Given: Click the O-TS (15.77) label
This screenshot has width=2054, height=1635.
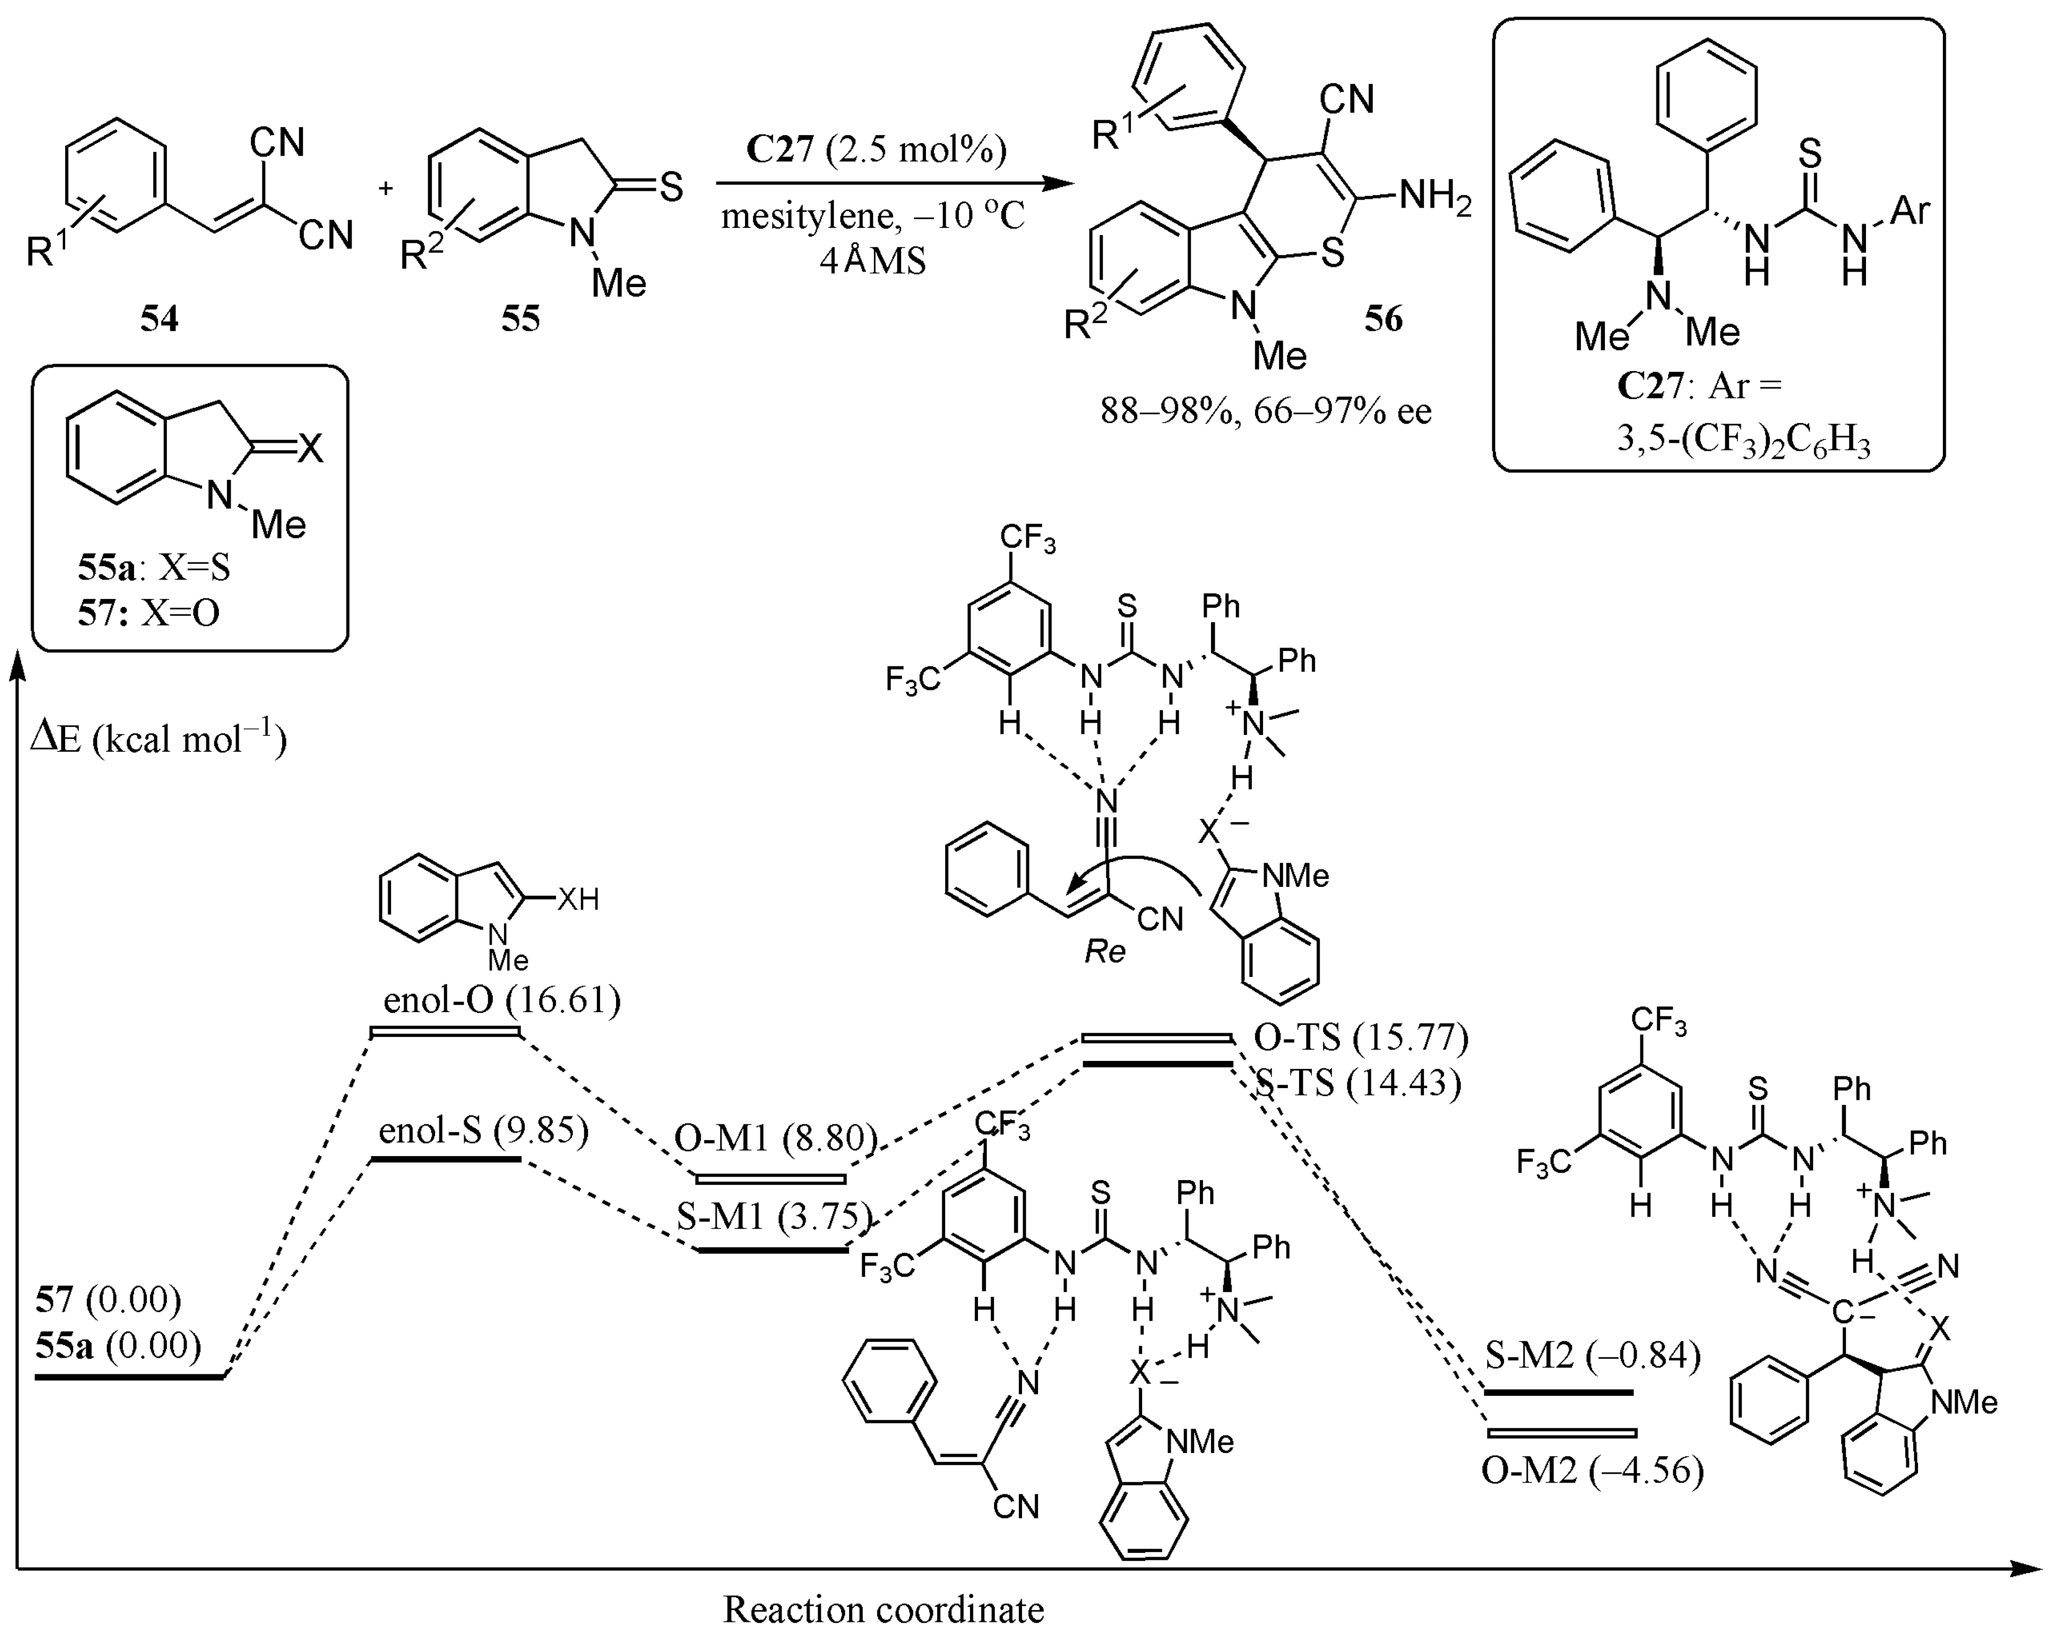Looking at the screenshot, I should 1361,1037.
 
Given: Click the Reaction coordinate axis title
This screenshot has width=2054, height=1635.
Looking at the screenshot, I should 883,1609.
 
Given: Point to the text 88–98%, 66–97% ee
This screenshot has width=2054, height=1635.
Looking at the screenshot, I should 1266,412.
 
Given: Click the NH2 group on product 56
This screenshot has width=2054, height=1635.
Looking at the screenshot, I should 1435,197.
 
